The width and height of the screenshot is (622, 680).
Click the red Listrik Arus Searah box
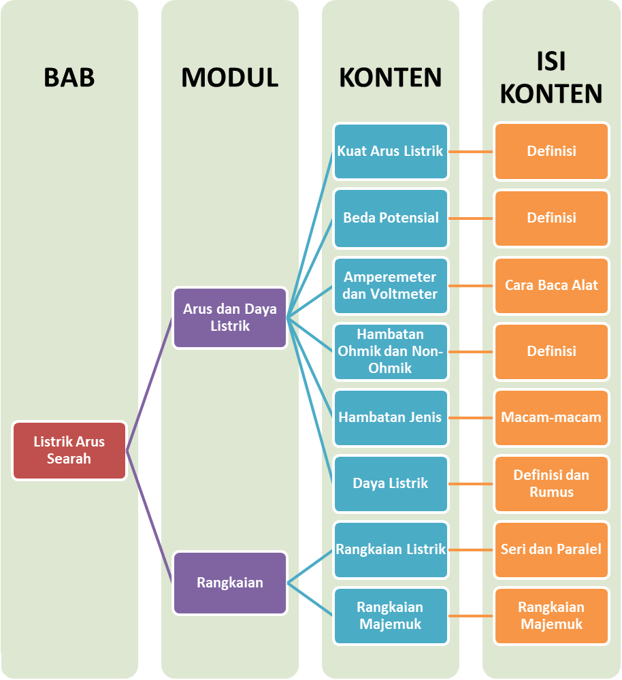pyautogui.click(x=69, y=451)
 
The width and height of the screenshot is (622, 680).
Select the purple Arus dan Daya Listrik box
pyautogui.click(x=230, y=318)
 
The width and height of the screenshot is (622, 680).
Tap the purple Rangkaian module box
pyautogui.click(x=230, y=583)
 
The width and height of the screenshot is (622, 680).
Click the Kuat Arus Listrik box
pyautogui.click(x=391, y=151)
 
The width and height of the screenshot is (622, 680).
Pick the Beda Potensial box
pyautogui.click(x=391, y=218)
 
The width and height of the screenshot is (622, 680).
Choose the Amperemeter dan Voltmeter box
pyautogui.click(x=391, y=285)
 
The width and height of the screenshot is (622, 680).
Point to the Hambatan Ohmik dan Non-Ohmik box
pyautogui.click(x=391, y=351)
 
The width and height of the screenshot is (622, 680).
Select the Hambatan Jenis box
pyautogui.click(x=391, y=417)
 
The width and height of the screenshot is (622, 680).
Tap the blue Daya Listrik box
pyautogui.click(x=391, y=483)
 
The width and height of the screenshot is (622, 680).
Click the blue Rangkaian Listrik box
pyautogui.click(x=391, y=549)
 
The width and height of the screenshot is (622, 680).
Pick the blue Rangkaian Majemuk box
pyautogui.click(x=391, y=615)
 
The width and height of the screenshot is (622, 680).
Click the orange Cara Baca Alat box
pyautogui.click(x=551, y=285)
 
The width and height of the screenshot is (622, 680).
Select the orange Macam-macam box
pyautogui.click(x=551, y=417)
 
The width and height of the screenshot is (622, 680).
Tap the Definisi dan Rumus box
pyautogui.click(x=551, y=483)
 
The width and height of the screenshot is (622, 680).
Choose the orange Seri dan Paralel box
pyautogui.click(x=551, y=549)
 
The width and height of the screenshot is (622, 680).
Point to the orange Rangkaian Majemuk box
pyautogui.click(x=551, y=615)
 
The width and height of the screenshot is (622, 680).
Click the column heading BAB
pyautogui.click(x=69, y=78)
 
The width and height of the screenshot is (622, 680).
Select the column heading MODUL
pyautogui.click(x=230, y=78)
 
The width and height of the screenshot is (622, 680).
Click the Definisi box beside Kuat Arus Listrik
pyautogui.click(x=551, y=151)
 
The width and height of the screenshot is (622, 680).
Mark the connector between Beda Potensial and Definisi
pyautogui.click(x=471, y=218)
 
